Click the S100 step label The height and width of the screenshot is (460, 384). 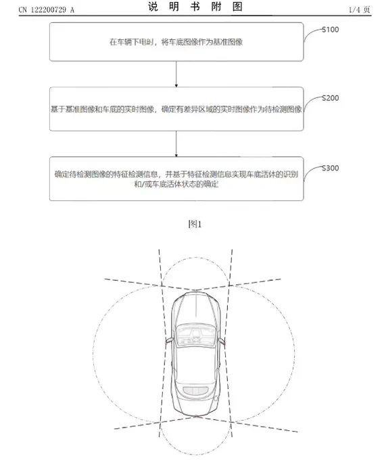[x=331, y=30]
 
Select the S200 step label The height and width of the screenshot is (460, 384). [x=331, y=98]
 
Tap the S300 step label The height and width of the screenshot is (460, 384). [x=331, y=168]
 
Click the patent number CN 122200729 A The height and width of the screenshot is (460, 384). [x=47, y=10]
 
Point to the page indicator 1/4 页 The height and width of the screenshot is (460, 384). [x=359, y=9]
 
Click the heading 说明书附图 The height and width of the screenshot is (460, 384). [x=195, y=7]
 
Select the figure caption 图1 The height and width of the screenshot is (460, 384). [x=195, y=225]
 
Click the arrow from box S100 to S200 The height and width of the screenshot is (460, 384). [x=176, y=74]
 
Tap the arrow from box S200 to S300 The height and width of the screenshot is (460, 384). [x=176, y=143]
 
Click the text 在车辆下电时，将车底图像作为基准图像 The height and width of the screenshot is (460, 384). [x=176, y=42]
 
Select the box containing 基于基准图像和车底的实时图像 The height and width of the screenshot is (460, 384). [x=176, y=109]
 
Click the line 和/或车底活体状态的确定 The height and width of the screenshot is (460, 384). [x=176, y=184]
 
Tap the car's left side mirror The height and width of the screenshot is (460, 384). [x=170, y=340]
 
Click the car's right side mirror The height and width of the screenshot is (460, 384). [x=221, y=341]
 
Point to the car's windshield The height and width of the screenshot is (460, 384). [x=196, y=335]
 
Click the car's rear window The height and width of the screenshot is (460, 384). [x=195, y=391]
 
